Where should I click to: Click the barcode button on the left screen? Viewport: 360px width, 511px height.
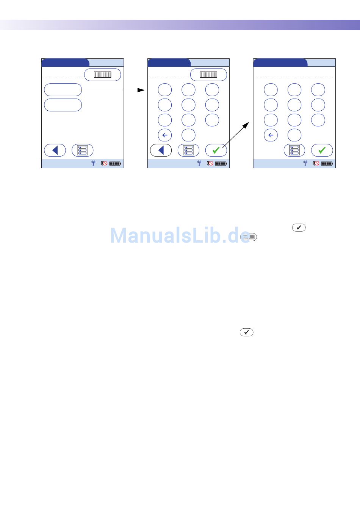pos(102,75)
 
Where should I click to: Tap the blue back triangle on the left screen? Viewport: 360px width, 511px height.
pos(55,150)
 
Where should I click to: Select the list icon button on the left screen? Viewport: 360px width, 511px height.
pos(82,150)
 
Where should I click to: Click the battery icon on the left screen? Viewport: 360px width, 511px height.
pos(115,164)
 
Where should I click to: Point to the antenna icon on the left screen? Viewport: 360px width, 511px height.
pos(93,163)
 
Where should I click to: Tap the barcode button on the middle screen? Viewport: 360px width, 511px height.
pos(208,75)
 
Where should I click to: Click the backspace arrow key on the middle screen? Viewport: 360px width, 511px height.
pos(165,135)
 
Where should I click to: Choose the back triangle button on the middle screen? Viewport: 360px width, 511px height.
pos(161,150)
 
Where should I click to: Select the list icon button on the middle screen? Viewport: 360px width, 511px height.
pos(188,150)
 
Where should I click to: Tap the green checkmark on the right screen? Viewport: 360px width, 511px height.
pos(322,150)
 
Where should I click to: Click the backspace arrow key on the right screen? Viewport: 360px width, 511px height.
pos(271,135)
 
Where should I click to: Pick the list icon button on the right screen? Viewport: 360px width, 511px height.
pos(294,150)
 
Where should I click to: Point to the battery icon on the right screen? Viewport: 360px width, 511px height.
pos(327,164)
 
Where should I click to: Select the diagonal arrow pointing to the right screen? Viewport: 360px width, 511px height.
pos(236,135)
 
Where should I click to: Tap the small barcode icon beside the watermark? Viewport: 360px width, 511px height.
pos(249,237)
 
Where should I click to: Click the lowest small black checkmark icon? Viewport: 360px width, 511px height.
pos(246,332)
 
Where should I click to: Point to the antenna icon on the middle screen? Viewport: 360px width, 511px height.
pos(199,163)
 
